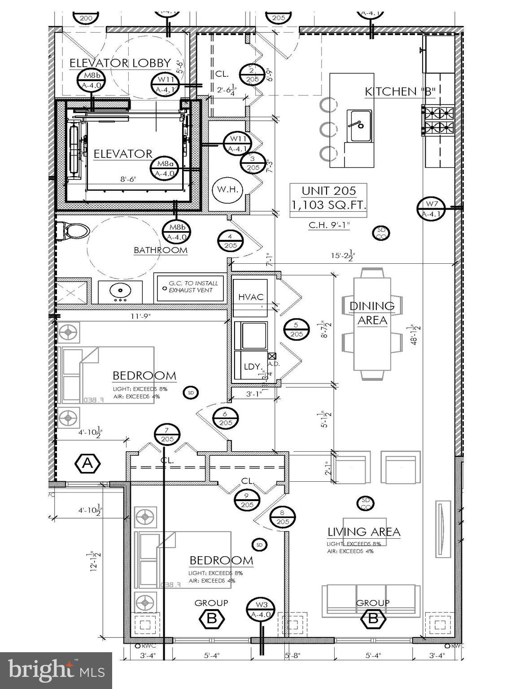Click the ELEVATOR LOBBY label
click(120, 63)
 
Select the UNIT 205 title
click(328, 191)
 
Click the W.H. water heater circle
click(227, 190)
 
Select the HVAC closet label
click(251, 297)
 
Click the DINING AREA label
click(372, 313)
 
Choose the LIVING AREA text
click(363, 532)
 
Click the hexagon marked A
click(88, 463)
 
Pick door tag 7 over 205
click(167, 435)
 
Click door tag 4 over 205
click(231, 241)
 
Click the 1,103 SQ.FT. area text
click(328, 206)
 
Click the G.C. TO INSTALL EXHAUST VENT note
click(190, 287)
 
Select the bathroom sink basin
click(120, 292)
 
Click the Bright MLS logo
click(56, 671)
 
